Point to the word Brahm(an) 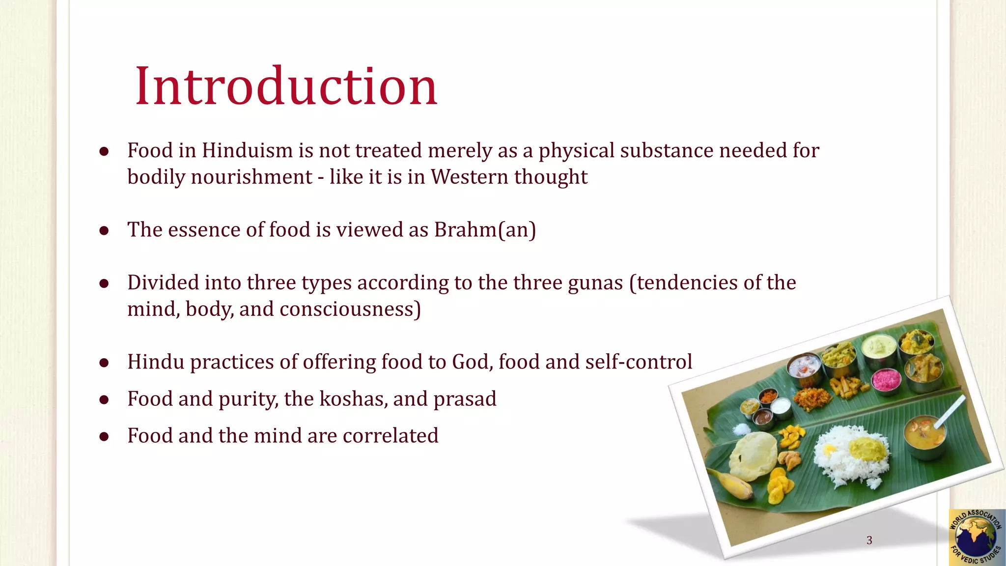coord(485,230)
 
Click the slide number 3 coord(869,540)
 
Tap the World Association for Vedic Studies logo coord(976,538)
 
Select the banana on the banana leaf coord(731,483)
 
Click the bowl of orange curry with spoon coord(925,432)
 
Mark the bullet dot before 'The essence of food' coord(104,230)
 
